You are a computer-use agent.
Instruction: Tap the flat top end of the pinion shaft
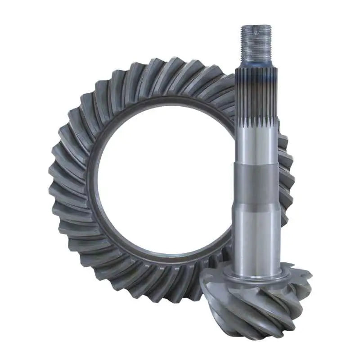pyautogui.click(x=256, y=26)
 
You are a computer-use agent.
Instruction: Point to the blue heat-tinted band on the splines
pyautogui.click(x=256, y=79)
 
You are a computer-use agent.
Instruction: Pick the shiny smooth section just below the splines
pyautogui.click(x=256, y=144)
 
